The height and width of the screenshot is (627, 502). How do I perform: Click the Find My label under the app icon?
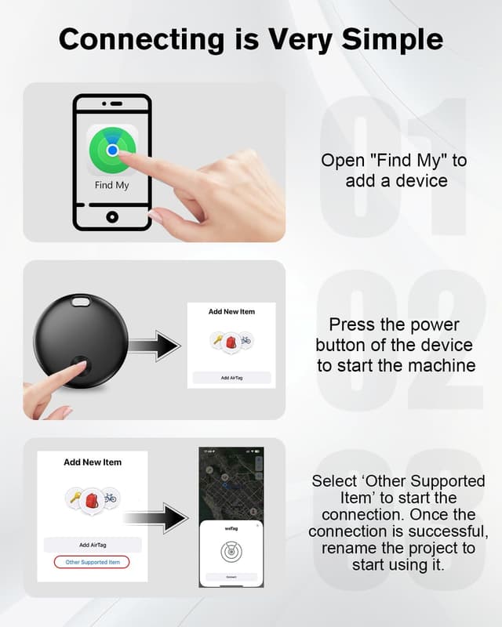pos(111,186)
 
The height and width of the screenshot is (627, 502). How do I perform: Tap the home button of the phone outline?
pos(112,216)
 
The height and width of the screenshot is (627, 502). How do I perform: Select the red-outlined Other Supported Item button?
pos(92,562)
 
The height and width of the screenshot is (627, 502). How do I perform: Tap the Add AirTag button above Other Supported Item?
pos(93,545)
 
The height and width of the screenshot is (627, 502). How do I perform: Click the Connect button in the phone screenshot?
pos(231,576)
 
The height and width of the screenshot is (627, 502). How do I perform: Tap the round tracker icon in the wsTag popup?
pos(231,551)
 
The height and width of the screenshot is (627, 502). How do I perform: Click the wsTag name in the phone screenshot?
pos(231,528)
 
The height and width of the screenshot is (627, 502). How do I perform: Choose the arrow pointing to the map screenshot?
pos(156,518)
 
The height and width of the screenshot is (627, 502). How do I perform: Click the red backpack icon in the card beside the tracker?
pos(231,342)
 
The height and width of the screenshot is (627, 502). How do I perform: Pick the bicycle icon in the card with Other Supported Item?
pos(111,497)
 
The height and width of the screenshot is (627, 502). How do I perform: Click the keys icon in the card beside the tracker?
pos(217,339)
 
